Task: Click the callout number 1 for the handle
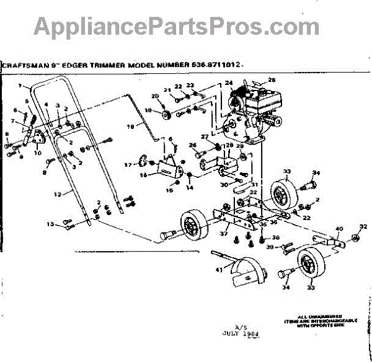(x=20, y=85)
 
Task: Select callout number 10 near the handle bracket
(x=37, y=152)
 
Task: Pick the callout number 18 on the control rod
(x=130, y=127)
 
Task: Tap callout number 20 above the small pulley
(x=154, y=95)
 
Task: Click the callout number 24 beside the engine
(x=228, y=82)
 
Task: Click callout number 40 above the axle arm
(x=339, y=229)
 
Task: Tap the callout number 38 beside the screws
(x=276, y=237)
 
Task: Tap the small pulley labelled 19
(x=166, y=112)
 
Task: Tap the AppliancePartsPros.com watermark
(x=177, y=26)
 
